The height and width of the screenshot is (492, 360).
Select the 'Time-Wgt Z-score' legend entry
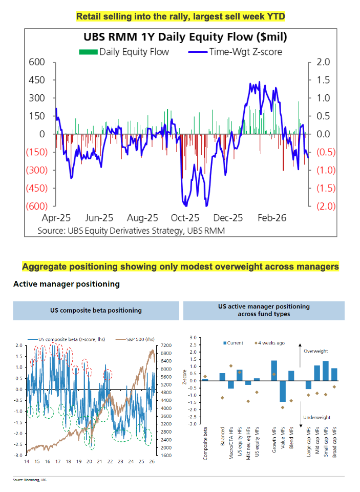coord(245,51)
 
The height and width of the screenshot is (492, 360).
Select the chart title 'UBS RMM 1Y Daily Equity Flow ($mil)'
coord(174,37)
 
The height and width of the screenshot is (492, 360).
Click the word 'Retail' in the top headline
coord(88,16)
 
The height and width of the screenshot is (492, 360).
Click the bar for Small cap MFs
coord(325,371)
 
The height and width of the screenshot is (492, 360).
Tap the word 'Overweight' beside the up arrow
coord(313,351)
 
